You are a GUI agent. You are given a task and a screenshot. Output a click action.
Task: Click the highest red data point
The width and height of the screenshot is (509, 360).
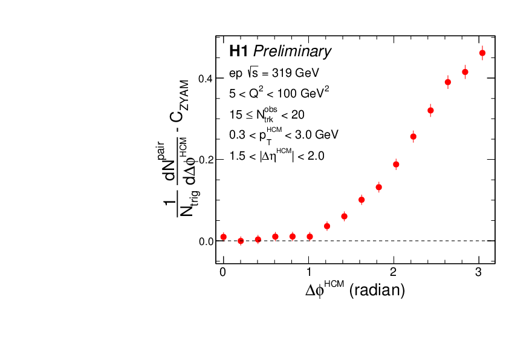482,53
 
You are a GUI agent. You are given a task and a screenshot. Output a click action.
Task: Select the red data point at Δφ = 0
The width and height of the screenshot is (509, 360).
224,237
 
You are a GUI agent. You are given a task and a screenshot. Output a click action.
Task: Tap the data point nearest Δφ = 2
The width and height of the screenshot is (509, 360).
396,164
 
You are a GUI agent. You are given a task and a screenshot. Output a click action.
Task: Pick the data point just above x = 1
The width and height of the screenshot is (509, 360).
310,237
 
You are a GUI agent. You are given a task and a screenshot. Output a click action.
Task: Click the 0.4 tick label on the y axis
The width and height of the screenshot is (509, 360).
206,79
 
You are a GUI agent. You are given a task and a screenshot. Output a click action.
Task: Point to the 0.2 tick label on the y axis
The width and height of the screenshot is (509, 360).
206,160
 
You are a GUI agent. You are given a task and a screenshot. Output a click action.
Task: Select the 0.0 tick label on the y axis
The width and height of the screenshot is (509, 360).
206,241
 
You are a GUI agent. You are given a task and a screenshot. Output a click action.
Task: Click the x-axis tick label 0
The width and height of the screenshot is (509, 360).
224,272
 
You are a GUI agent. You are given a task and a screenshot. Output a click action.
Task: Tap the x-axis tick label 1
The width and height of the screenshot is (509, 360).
309,272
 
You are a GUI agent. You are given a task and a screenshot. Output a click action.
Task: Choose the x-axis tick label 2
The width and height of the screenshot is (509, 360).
395,272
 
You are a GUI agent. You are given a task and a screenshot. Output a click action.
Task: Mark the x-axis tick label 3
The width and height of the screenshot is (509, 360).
480,272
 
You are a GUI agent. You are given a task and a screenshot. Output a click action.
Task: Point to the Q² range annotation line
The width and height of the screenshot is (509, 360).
279,94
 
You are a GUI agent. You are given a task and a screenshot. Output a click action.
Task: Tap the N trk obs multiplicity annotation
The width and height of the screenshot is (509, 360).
267,114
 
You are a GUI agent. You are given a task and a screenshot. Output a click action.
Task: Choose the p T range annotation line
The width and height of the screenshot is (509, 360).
284,134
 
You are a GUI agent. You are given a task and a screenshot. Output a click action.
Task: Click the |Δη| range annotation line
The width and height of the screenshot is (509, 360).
277,155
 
